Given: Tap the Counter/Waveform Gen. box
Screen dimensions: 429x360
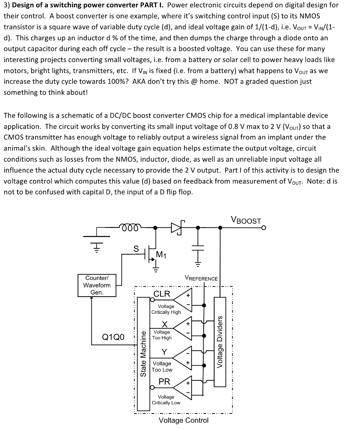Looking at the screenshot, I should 97,285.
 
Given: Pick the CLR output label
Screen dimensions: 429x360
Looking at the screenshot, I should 162,294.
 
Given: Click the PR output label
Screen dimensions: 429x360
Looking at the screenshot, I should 164,382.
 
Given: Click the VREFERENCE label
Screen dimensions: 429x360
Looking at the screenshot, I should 201,278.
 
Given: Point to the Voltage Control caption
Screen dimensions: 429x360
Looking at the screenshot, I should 184,420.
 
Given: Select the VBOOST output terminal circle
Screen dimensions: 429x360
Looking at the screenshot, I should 263,228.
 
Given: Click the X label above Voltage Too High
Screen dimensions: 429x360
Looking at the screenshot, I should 165,324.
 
